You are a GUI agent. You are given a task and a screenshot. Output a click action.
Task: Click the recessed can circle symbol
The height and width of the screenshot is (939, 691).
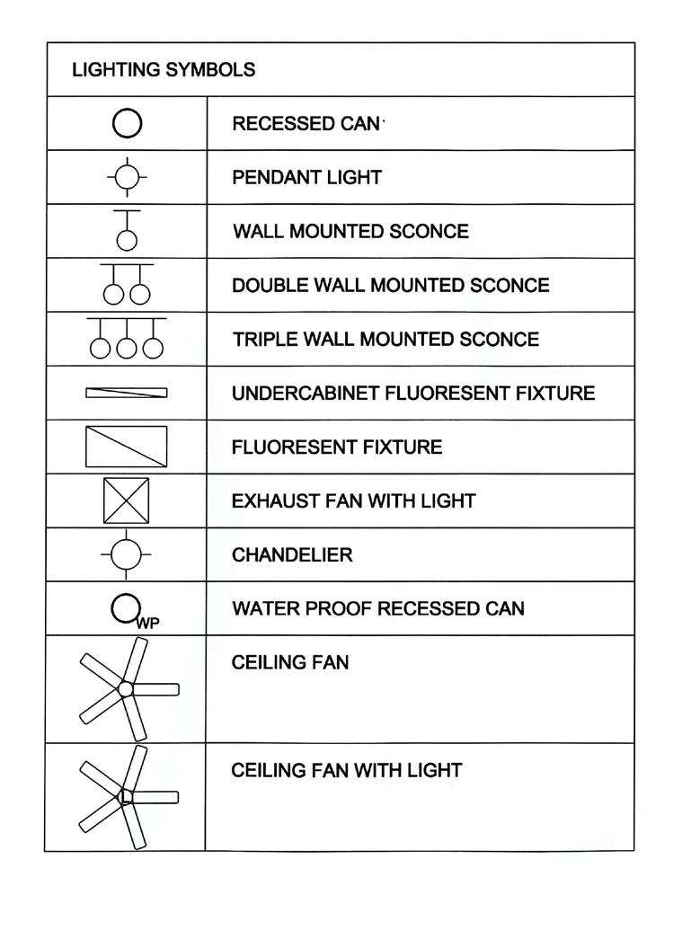click(x=127, y=124)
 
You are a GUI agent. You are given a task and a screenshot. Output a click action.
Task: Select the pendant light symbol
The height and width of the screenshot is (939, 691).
click(x=127, y=177)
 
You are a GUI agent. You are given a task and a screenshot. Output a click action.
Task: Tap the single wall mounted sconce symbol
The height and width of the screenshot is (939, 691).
click(x=127, y=231)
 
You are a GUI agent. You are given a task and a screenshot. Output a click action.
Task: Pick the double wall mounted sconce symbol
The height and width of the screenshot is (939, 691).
click(x=127, y=285)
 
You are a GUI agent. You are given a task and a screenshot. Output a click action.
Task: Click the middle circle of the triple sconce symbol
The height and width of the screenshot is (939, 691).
click(x=127, y=347)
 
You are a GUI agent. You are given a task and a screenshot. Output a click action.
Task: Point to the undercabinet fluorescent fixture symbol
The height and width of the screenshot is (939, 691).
click(x=127, y=393)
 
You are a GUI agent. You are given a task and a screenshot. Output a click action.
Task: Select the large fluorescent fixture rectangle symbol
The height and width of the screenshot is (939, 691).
click(x=127, y=447)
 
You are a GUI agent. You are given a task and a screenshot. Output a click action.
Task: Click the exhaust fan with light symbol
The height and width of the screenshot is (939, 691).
click(x=127, y=501)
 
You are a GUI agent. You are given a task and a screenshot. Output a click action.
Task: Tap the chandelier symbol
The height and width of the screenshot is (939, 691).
click(x=127, y=554)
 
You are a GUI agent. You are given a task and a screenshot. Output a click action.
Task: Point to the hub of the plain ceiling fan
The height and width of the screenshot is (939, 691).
click(x=126, y=689)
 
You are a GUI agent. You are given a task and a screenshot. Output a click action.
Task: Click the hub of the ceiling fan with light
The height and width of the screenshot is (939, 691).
click(x=126, y=796)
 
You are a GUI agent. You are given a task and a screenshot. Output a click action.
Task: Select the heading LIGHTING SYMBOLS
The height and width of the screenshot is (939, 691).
click(x=164, y=69)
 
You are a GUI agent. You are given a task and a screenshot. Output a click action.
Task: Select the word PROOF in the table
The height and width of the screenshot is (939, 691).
click(x=340, y=608)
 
